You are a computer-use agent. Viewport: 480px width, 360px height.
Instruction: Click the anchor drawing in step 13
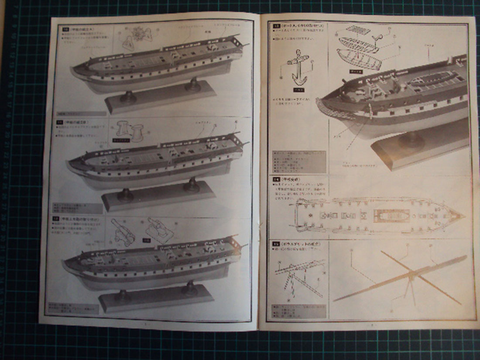point(298,68)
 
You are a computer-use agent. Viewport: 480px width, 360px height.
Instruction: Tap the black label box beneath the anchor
point(298,89)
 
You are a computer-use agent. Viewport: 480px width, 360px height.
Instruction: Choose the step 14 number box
point(276,179)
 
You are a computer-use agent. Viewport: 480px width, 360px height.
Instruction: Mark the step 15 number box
point(276,243)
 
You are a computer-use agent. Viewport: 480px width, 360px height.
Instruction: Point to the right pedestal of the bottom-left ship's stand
point(190,288)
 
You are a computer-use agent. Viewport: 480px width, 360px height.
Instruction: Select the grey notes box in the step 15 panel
point(299,311)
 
